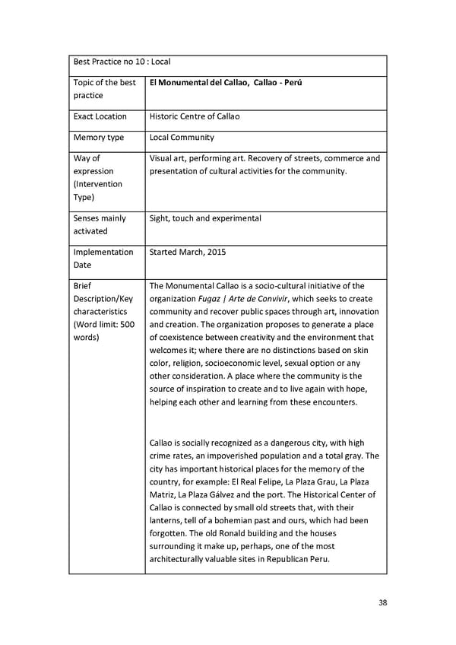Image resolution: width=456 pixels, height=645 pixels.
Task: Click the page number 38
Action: (x=382, y=602)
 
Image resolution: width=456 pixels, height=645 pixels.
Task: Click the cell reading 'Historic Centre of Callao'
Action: (x=195, y=116)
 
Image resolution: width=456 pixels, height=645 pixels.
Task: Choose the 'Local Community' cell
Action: (x=182, y=138)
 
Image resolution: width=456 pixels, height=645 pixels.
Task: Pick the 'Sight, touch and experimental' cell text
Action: (x=205, y=218)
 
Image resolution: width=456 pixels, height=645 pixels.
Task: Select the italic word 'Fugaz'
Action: (x=210, y=299)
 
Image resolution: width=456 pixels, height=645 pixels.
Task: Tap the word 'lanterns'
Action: (x=169, y=520)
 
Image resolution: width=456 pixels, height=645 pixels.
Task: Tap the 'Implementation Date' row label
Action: (x=103, y=258)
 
